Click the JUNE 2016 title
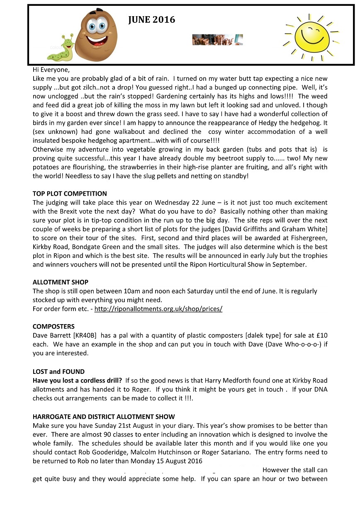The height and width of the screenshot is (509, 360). pos(151,20)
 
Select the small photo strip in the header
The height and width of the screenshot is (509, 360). pos(217,40)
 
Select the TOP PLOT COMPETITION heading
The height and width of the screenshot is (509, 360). pos(70,194)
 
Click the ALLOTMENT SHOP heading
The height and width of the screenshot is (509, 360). pos(61,282)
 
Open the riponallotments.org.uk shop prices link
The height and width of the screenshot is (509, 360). pos(158,309)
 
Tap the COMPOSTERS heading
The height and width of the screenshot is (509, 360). pos(54,327)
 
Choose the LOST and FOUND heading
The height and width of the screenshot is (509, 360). pos(58,371)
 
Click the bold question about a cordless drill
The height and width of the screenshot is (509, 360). pos(78,381)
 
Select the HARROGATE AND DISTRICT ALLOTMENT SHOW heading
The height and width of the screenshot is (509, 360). pos(104,417)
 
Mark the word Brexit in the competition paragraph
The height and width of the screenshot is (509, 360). pos(78,211)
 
